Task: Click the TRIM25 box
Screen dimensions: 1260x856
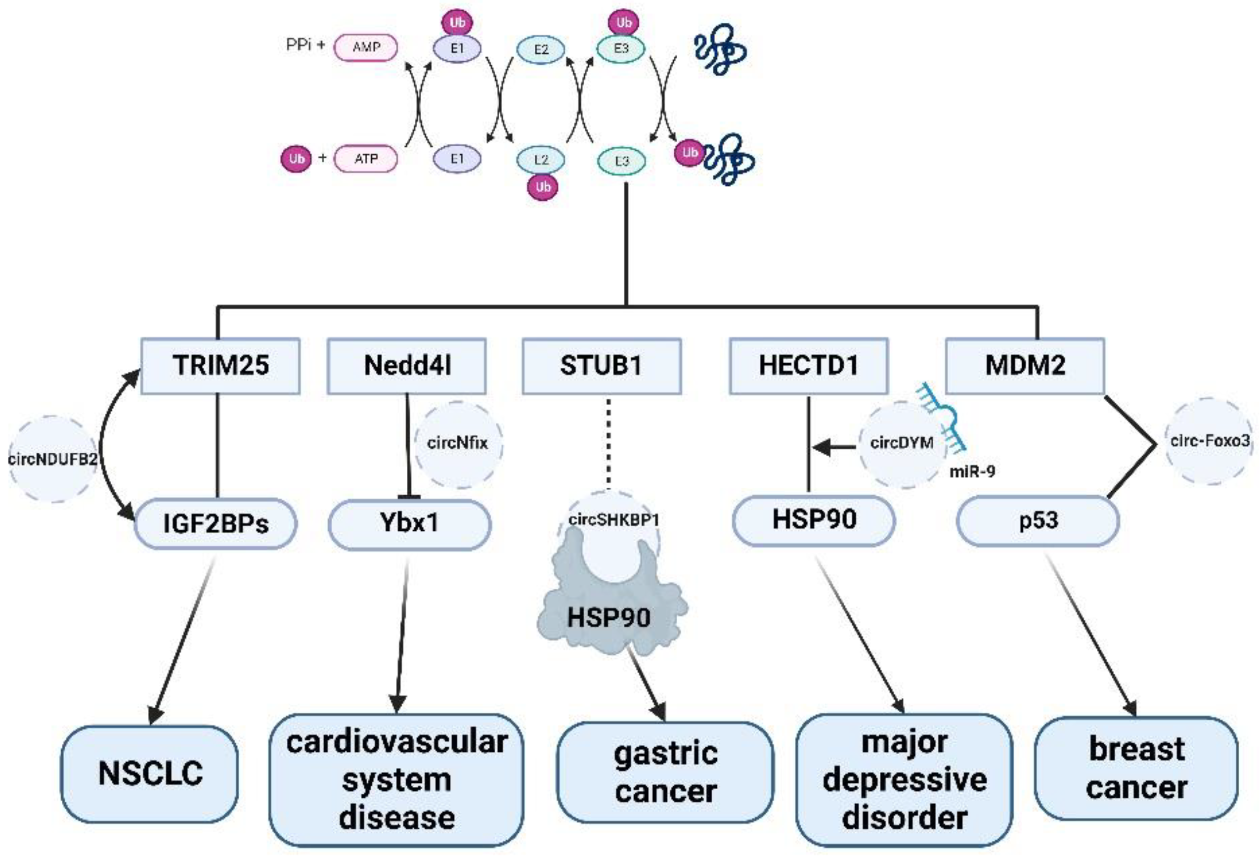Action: (220, 365)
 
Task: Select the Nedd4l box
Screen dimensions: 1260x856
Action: (407, 365)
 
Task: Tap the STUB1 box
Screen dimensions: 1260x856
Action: (601, 365)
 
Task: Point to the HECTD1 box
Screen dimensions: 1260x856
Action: (808, 365)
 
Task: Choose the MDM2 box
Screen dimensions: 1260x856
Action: (1025, 365)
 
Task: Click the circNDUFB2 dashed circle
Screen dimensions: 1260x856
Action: (52, 459)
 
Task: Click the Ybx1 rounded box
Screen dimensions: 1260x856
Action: (409, 524)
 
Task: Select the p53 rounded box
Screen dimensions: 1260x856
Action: (1037, 520)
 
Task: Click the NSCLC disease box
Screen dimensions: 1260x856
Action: (150, 773)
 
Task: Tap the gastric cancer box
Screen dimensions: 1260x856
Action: (665, 772)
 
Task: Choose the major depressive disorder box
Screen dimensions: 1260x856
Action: (904, 779)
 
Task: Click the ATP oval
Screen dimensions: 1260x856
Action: (365, 159)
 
